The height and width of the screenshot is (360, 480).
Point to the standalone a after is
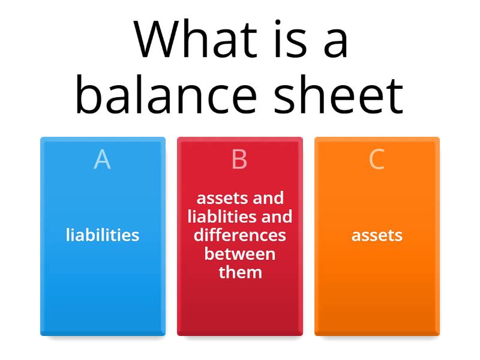coord(332,41)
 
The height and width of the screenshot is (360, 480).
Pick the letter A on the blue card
coord(103,160)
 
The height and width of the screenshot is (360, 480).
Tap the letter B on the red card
coord(239,160)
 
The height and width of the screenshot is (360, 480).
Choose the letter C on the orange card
coord(377,160)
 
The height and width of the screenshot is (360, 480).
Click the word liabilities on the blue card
coord(103,235)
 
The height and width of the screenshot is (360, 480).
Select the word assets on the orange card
coord(377,235)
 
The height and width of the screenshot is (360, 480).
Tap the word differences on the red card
coord(239,235)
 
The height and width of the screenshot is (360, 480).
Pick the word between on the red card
coord(239,253)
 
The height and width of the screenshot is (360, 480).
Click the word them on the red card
coord(240,272)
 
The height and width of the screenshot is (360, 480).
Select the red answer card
coord(239,306)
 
